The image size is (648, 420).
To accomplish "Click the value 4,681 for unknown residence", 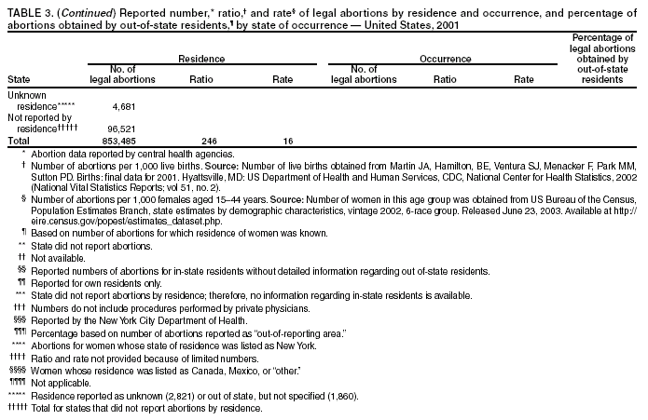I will (138, 107).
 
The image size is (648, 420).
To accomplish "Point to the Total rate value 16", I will (287, 140).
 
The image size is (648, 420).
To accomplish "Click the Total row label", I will (18, 140).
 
